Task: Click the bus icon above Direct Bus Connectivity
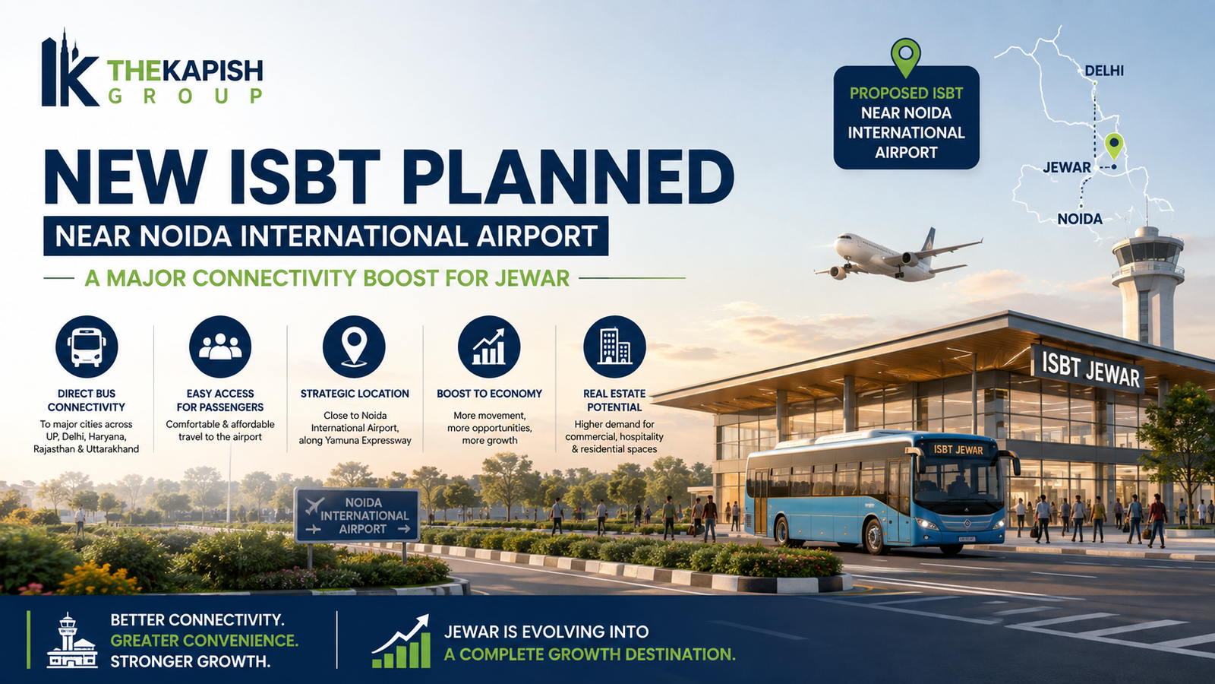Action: point(87,347)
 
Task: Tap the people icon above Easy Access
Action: point(220,347)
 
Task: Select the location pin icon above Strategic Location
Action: point(354,347)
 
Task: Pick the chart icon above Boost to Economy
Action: point(489,347)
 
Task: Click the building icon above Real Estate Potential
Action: point(614,347)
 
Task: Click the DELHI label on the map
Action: point(1104,71)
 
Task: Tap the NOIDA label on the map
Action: point(1079,220)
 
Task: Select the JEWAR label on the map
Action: point(1066,167)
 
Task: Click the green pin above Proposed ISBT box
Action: point(906,57)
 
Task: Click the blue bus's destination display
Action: point(958,450)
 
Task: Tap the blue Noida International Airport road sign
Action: point(358,515)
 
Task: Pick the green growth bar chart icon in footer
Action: point(402,641)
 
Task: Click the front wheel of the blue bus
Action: point(873,536)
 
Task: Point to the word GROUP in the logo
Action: point(185,96)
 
